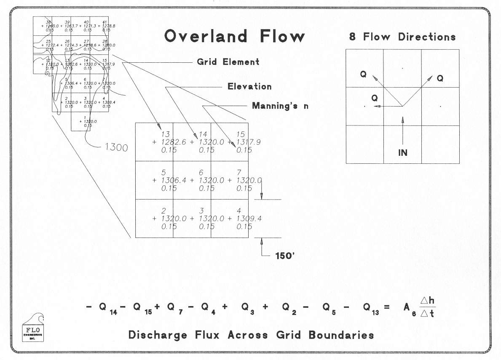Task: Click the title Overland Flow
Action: [234, 36]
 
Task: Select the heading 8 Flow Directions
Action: [402, 37]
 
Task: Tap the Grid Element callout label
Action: [228, 62]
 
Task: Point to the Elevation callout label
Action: [249, 87]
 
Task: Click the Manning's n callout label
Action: [280, 106]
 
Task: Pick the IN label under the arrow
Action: [403, 152]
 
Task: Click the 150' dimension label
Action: [284, 256]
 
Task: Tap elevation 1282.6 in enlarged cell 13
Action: [174, 142]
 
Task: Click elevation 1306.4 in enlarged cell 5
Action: [174, 180]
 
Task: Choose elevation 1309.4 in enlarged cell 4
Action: [249, 219]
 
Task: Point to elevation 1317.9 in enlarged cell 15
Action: [249, 142]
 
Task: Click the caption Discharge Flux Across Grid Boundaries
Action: [251, 335]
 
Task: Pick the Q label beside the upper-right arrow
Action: [440, 78]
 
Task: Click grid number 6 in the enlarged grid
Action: [201, 173]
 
